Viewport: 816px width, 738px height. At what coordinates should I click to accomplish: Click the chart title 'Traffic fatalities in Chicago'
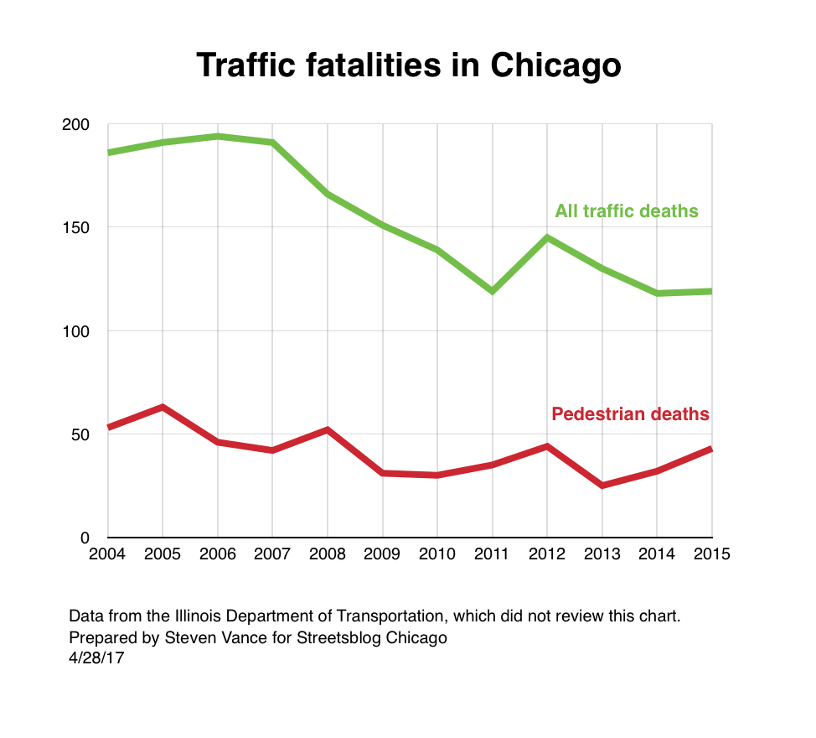pyautogui.click(x=408, y=65)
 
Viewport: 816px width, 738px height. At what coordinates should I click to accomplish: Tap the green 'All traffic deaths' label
pyautogui.click(x=626, y=210)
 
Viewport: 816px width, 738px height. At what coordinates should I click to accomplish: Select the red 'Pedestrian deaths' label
pyautogui.click(x=630, y=413)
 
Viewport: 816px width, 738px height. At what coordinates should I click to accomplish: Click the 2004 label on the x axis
pyautogui.click(x=108, y=554)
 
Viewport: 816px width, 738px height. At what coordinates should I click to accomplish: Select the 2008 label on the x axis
pyautogui.click(x=328, y=554)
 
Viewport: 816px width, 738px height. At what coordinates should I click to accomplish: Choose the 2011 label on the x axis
pyautogui.click(x=492, y=554)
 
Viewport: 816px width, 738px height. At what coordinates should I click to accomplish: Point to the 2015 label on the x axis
pyautogui.click(x=712, y=554)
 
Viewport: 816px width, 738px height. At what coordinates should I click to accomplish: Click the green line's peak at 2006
pyautogui.click(x=218, y=136)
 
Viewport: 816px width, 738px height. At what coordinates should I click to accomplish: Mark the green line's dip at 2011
pyautogui.click(x=492, y=291)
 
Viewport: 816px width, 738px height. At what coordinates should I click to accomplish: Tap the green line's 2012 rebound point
pyautogui.click(x=547, y=237)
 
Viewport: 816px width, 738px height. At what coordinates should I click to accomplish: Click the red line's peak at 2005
pyautogui.click(x=163, y=407)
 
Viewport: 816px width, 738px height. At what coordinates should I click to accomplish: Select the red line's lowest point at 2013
pyautogui.click(x=602, y=486)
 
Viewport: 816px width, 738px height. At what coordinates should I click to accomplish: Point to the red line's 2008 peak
pyautogui.click(x=328, y=429)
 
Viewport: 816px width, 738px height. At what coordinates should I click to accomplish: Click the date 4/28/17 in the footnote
pyautogui.click(x=97, y=659)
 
